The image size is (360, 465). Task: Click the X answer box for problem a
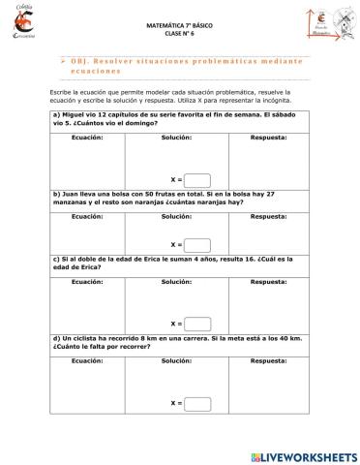197,179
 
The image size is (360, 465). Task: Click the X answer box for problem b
197,245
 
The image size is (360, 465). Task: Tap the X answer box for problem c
197,323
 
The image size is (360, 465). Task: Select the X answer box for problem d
197,401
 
